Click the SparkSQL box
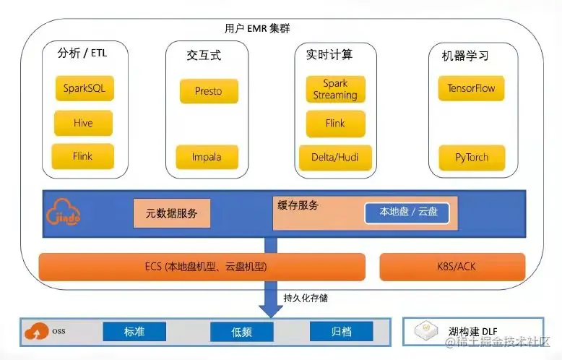[x=84, y=90]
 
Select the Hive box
[x=83, y=123]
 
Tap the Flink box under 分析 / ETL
[x=82, y=156]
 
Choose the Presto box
[x=208, y=91]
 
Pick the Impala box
[x=207, y=157]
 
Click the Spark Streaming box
[x=335, y=90]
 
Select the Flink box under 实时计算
[x=335, y=124]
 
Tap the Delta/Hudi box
[x=335, y=157]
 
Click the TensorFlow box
[x=471, y=89]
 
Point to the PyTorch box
[x=470, y=157]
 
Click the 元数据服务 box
[x=172, y=213]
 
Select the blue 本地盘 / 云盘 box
[x=404, y=213]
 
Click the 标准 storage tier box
[x=134, y=332]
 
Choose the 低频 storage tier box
[x=241, y=332]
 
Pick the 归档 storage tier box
[x=341, y=332]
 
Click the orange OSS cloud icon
[x=37, y=332]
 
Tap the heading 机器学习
[x=465, y=56]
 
